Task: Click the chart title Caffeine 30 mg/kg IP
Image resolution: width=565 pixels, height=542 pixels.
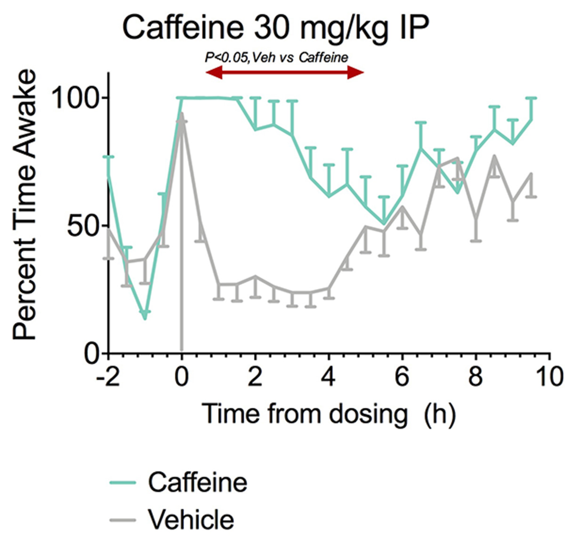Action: click(275, 27)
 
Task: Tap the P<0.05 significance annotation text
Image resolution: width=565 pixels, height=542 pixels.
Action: click(277, 57)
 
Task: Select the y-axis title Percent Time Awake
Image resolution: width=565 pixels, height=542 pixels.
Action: click(24, 205)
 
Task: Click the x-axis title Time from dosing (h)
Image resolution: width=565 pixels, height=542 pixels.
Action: click(329, 414)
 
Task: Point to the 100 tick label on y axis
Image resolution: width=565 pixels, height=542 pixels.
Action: click(76, 98)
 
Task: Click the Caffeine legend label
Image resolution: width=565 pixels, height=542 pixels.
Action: click(197, 482)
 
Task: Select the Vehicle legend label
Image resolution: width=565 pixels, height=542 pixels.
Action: click(191, 519)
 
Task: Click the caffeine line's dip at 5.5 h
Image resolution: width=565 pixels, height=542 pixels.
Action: click(384, 223)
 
